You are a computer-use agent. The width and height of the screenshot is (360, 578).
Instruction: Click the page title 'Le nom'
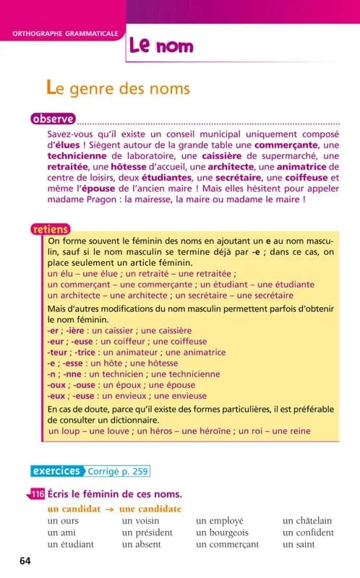pyautogui.click(x=162, y=46)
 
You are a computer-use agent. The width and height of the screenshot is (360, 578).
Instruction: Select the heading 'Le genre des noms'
pyautogui.click(x=118, y=89)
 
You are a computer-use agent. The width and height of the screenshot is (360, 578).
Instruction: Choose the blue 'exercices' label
pyautogui.click(x=56, y=471)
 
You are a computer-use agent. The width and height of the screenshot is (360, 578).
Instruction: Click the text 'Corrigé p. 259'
pyautogui.click(x=118, y=472)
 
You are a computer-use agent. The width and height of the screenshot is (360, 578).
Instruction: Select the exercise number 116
pyautogui.click(x=38, y=494)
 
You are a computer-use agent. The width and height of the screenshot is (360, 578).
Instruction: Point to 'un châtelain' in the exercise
pyautogui.click(x=307, y=521)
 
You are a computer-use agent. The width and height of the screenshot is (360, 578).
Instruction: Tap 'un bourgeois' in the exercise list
pyautogui.click(x=225, y=532)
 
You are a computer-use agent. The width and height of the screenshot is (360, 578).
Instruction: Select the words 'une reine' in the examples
pyautogui.click(x=289, y=431)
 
